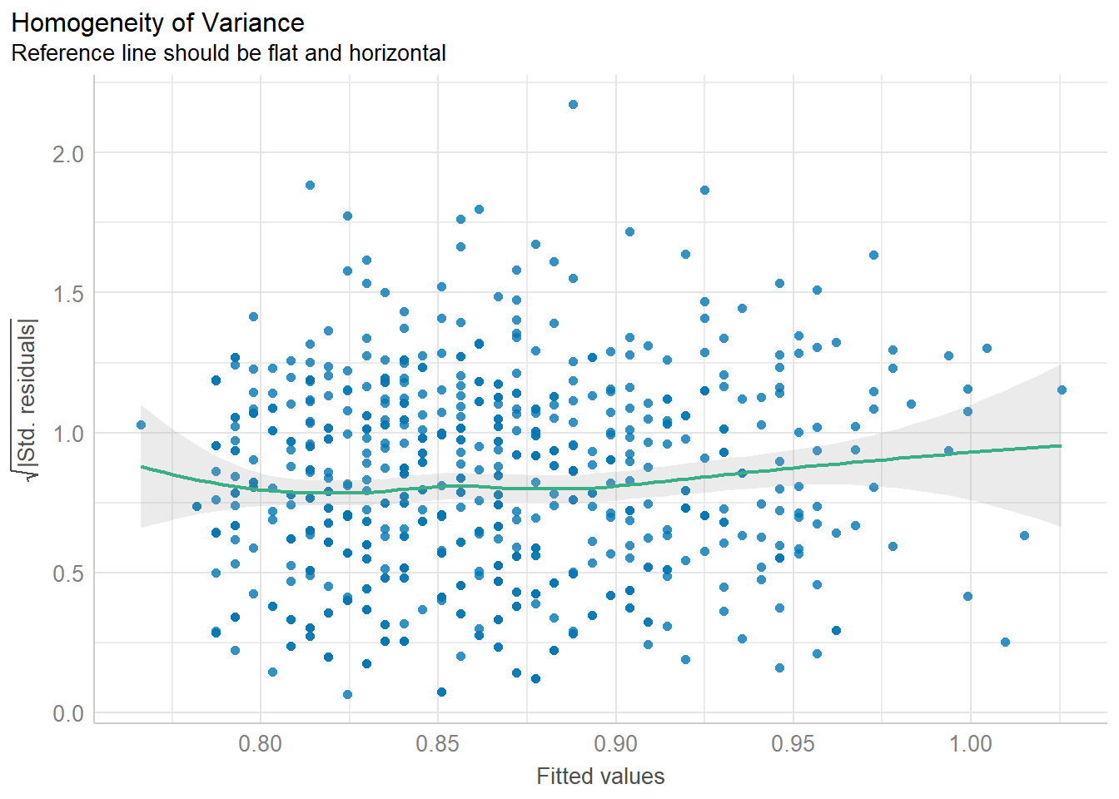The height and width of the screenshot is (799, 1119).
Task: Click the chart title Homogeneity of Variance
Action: click(x=158, y=22)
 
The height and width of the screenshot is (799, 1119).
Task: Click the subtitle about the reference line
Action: click(x=229, y=53)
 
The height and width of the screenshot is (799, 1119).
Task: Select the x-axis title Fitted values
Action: click(x=600, y=777)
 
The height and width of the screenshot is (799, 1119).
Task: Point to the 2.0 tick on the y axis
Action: click(x=67, y=154)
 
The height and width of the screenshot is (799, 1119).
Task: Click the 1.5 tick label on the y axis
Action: click(x=67, y=294)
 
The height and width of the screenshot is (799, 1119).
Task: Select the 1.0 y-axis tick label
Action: click(x=67, y=434)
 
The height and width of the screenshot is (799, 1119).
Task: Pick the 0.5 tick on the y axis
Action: click(x=67, y=573)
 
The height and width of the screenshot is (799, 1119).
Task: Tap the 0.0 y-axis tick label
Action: click(x=67, y=714)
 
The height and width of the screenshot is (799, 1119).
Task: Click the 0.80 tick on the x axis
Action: click(x=261, y=743)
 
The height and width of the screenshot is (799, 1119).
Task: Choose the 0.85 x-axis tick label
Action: click(x=438, y=743)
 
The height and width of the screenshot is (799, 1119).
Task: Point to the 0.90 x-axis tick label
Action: click(x=615, y=743)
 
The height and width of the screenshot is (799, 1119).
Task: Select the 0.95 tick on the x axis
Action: click(x=793, y=743)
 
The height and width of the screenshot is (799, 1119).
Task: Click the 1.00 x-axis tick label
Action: click(x=971, y=743)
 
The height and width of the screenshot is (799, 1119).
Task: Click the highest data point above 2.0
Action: click(x=573, y=105)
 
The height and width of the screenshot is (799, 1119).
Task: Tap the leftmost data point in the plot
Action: click(x=141, y=425)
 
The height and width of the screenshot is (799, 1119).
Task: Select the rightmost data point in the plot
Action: click(x=1062, y=390)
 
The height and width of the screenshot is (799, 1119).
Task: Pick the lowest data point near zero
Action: click(x=347, y=694)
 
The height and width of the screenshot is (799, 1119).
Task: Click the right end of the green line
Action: click(x=1061, y=446)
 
